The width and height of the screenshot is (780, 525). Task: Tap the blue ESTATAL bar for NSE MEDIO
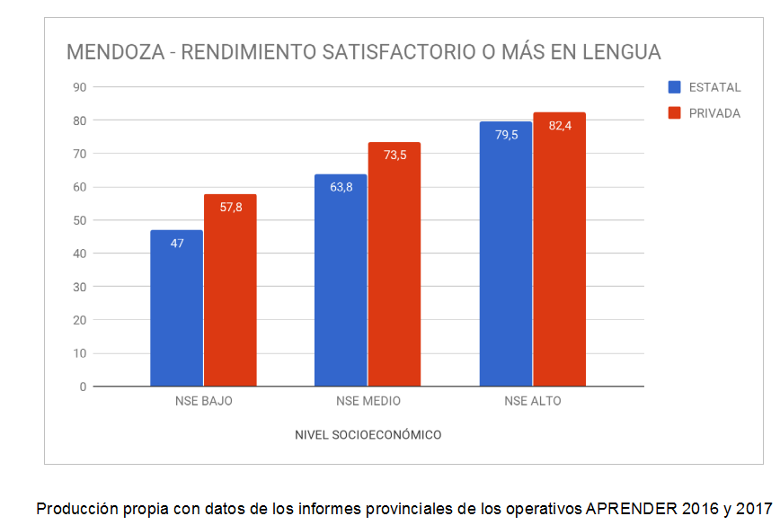pyautogui.click(x=341, y=280)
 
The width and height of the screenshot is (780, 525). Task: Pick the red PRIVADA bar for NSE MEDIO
pyautogui.click(x=394, y=264)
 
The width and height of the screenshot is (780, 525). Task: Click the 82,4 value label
pyautogui.click(x=560, y=126)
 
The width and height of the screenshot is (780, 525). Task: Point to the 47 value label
pyautogui.click(x=177, y=244)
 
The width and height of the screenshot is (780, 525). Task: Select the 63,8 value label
pyautogui.click(x=341, y=188)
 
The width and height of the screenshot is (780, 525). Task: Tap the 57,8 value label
pyautogui.click(x=231, y=208)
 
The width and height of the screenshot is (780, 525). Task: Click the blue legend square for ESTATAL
pyautogui.click(x=674, y=87)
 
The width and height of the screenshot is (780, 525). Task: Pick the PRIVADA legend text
pyautogui.click(x=714, y=113)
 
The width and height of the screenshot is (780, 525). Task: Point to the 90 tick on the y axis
pyautogui.click(x=79, y=87)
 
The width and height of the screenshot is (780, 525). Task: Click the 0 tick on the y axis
pyautogui.click(x=83, y=387)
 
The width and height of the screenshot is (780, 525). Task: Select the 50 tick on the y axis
pyautogui.click(x=79, y=220)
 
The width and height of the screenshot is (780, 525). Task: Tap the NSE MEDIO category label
pyautogui.click(x=368, y=401)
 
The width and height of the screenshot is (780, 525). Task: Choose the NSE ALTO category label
pyautogui.click(x=533, y=401)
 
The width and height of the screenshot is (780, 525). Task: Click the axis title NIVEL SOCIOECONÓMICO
pyautogui.click(x=368, y=435)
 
